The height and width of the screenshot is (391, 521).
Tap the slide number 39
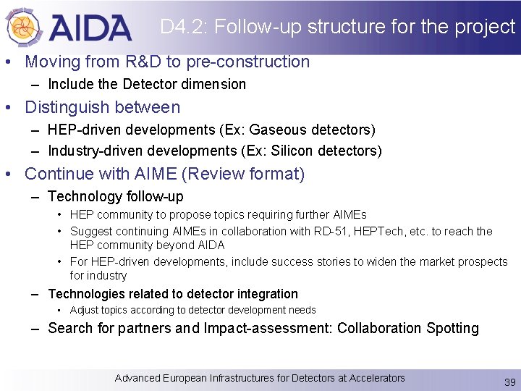tap(509, 382)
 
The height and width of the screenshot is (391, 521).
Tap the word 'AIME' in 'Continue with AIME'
tap(154, 175)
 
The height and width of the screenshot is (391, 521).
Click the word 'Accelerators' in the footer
tap(377, 378)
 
